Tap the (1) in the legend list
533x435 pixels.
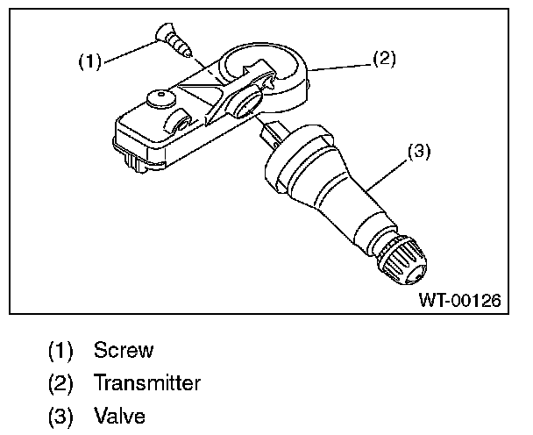[x=60, y=351]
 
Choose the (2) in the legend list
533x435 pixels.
[x=60, y=383]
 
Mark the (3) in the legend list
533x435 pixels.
[x=60, y=415]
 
